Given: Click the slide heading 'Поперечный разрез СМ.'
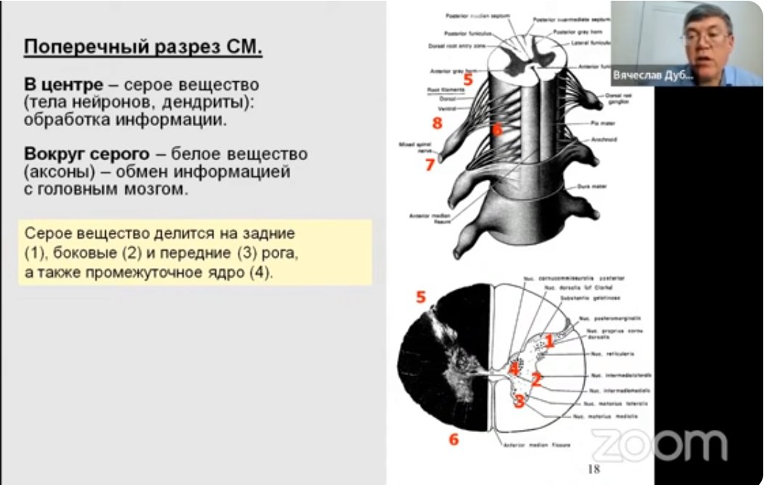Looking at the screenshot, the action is [x=143, y=49].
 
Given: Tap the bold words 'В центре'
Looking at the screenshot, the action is [x=63, y=86].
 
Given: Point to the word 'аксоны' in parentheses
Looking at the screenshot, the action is [x=57, y=173].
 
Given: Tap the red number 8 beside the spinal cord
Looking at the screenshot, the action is [x=437, y=123].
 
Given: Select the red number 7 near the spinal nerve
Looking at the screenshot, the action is [x=430, y=165].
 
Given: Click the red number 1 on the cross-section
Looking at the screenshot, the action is [x=550, y=340].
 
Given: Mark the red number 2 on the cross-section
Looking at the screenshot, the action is [x=537, y=378].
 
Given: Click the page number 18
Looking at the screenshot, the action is [x=593, y=470].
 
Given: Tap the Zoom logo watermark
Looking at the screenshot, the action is [x=659, y=444].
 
